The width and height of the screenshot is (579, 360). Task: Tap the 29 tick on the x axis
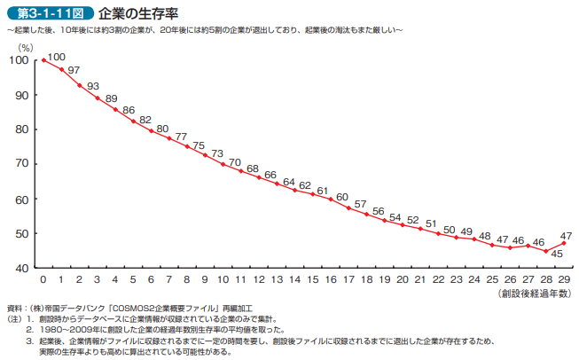pos(565,279)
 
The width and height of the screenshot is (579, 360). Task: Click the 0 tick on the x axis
pos(44,279)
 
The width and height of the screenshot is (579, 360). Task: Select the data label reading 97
pos(74,70)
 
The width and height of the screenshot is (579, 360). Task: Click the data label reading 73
pos(216,153)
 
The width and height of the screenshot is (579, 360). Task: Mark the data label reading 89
pos(111,98)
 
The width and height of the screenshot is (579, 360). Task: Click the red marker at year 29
pos(564,243)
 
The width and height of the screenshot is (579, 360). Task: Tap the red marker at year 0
pos(44,60)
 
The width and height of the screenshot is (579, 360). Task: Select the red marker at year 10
pos(223,163)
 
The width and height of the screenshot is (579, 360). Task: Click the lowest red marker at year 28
pos(546,251)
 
